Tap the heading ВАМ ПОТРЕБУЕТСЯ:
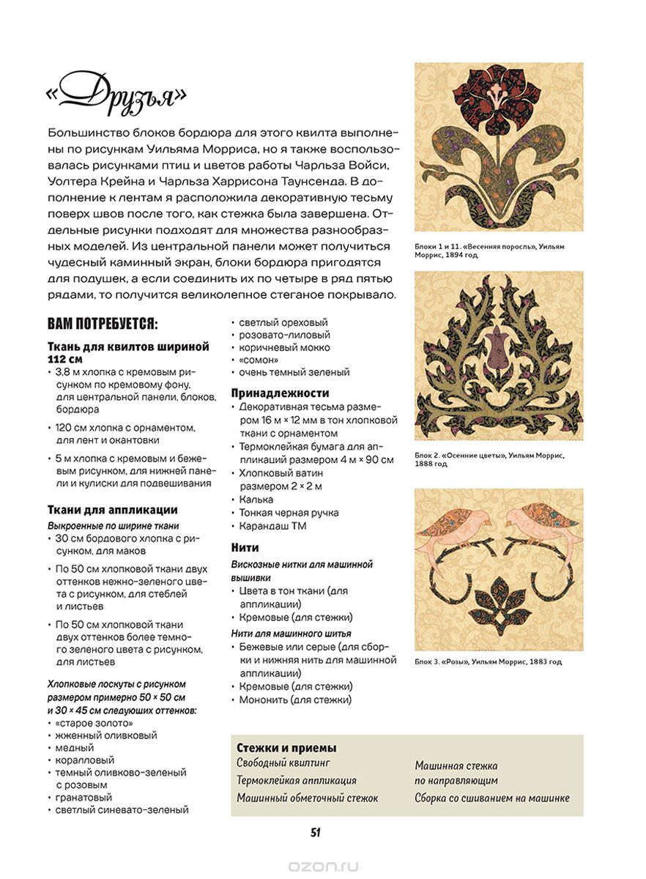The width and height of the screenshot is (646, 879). (103, 324)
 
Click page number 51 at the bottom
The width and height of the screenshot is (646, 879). (316, 832)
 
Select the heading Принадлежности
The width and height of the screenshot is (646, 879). (281, 393)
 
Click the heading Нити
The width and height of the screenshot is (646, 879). (245, 547)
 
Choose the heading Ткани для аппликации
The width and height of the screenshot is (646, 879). (113, 510)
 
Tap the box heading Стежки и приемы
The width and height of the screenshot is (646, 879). (286, 748)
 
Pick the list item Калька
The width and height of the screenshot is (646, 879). (256, 500)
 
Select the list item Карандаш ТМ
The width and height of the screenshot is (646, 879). (272, 526)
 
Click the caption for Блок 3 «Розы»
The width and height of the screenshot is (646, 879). (489, 661)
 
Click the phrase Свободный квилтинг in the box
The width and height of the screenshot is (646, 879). (279, 763)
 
